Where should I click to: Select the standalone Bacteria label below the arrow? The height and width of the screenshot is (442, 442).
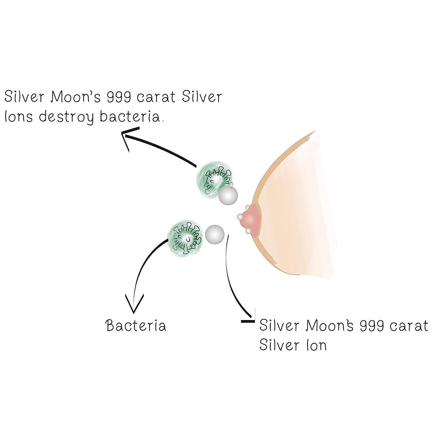pos(136,326)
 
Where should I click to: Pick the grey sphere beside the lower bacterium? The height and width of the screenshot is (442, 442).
pos(214,234)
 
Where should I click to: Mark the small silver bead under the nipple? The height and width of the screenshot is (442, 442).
pos(249,231)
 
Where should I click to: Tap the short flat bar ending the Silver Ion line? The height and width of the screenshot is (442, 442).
pos(247,322)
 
